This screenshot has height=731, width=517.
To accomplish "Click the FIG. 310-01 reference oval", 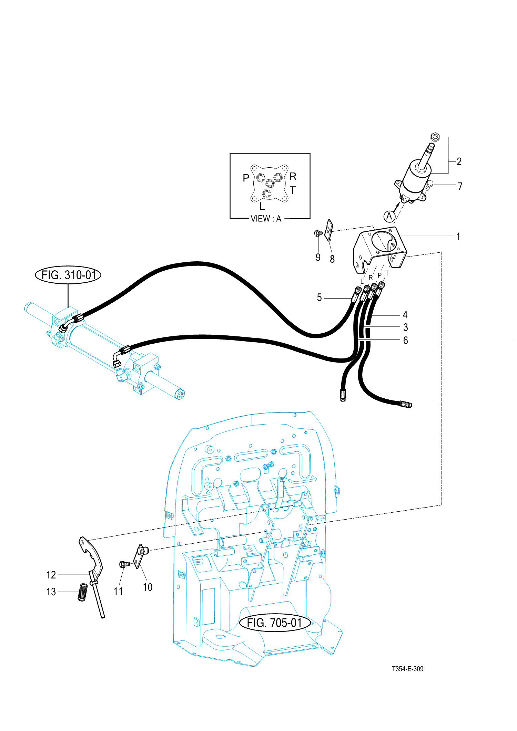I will click(x=68, y=275).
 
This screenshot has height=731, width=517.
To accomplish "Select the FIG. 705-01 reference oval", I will click(x=274, y=623).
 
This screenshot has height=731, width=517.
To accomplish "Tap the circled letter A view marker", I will click(x=389, y=216).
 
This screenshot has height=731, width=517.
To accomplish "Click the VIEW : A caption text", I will click(x=266, y=219).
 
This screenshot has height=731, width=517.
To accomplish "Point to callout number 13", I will click(x=51, y=592).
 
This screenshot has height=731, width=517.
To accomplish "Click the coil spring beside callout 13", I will click(x=83, y=592).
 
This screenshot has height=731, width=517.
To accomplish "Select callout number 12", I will click(x=51, y=575).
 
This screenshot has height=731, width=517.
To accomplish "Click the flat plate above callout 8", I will click(x=330, y=230).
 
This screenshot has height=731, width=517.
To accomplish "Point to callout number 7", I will click(x=460, y=186).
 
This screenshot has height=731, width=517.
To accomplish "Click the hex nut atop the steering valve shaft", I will click(x=435, y=137).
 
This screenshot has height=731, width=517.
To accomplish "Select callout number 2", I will click(x=459, y=161).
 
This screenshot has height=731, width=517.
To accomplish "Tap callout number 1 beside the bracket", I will click(x=458, y=237).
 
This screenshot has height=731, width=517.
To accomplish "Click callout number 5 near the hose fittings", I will click(x=319, y=297).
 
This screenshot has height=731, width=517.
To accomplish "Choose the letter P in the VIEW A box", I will click(x=246, y=178).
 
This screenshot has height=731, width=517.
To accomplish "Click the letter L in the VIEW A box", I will click(x=262, y=206).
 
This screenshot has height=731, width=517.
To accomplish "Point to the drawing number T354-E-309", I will click(x=407, y=669).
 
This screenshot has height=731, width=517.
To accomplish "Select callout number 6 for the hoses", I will click(x=405, y=340).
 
